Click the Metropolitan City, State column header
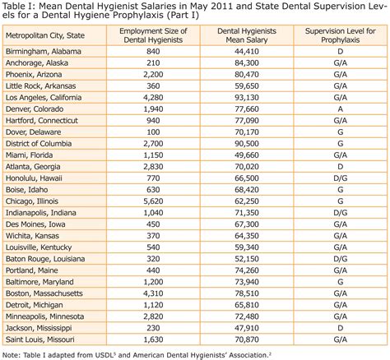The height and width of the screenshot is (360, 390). coord(46,37)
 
